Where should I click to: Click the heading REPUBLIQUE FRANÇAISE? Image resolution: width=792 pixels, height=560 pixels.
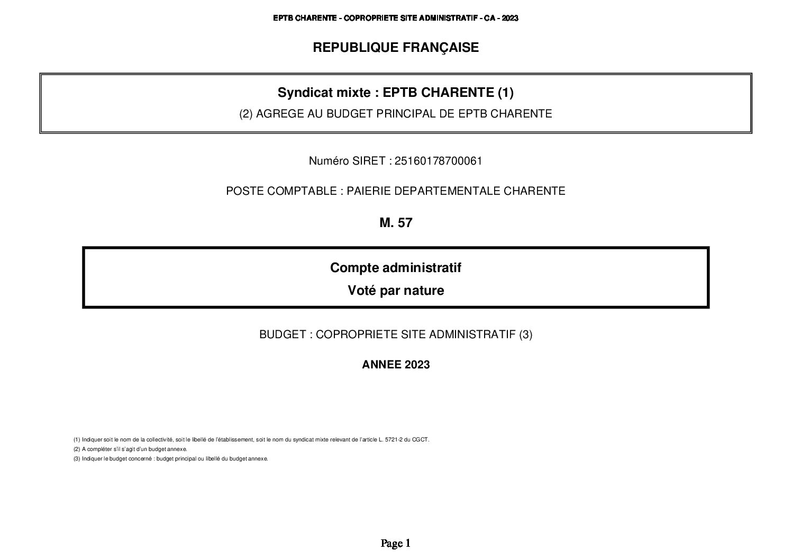pyautogui.click(x=396, y=48)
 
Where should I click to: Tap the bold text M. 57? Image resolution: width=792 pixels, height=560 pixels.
pyautogui.click(x=396, y=223)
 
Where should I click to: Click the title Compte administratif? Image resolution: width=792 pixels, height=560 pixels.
pyautogui.click(x=396, y=268)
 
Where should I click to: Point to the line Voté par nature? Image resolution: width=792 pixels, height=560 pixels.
pyautogui.click(x=396, y=291)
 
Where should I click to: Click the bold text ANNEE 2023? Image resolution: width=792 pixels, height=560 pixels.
pyautogui.click(x=396, y=365)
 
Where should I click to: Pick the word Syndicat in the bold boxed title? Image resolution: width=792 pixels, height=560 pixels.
pyautogui.click(x=299, y=93)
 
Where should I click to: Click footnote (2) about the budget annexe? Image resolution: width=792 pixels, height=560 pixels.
pyautogui.click(x=131, y=449)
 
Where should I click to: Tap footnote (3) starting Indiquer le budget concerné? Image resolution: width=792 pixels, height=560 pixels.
pyautogui.click(x=171, y=458)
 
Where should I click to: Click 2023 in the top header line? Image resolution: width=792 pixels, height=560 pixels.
pyautogui.click(x=510, y=18)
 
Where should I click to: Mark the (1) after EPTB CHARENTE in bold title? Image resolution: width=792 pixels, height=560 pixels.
pyautogui.click(x=505, y=93)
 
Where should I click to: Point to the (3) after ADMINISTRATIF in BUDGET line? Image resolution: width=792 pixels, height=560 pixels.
pyautogui.click(x=525, y=335)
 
